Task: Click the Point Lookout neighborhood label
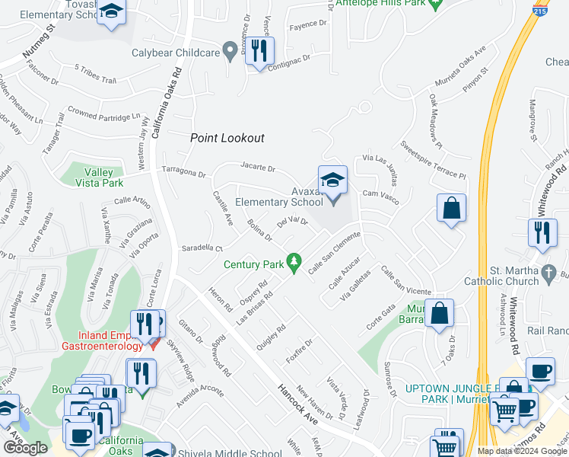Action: coord(227,138)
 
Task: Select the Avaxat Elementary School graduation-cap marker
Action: coord(332,181)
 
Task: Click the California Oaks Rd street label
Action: coord(166,98)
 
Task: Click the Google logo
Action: coord(24,448)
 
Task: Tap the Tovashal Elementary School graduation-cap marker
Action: coord(112,13)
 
